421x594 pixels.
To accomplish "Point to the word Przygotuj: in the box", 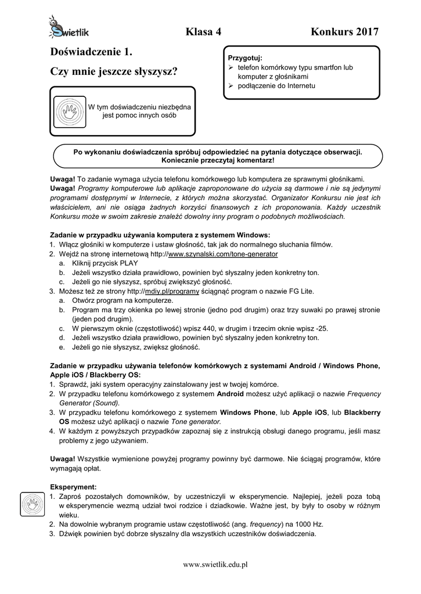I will [245, 58].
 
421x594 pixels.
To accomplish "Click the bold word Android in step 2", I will [230, 394].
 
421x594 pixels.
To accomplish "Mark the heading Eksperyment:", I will [73, 487].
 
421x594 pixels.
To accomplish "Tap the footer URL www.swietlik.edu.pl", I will [215, 564].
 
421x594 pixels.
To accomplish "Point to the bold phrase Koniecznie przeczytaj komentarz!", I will [218, 160].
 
